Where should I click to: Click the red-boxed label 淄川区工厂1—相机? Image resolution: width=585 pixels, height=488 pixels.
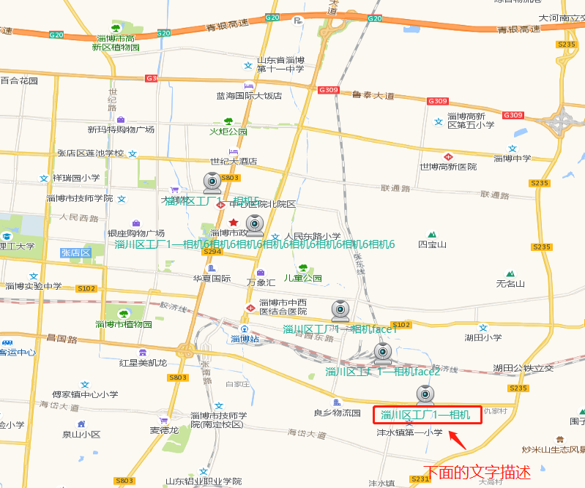point(430,416)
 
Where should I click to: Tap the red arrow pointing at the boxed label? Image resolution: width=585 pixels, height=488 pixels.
point(457,439)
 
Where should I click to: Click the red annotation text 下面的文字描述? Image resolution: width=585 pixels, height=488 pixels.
point(477,473)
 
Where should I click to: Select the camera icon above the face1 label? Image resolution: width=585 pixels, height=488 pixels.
point(340,311)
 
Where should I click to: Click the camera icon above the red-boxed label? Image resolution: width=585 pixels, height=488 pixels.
point(425,395)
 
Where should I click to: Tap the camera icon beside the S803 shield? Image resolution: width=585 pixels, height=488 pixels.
point(212,182)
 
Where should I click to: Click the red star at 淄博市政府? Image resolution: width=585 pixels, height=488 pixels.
point(234,222)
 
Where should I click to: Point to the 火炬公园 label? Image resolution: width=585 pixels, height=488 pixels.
point(228,132)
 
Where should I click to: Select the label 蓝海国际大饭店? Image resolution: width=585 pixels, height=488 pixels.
point(249,96)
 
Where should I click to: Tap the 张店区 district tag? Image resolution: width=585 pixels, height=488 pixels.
point(75,252)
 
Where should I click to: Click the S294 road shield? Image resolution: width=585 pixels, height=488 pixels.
point(212,252)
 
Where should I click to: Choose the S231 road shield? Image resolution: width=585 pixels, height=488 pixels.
point(420,479)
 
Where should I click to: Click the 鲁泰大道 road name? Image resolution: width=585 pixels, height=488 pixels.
point(373,96)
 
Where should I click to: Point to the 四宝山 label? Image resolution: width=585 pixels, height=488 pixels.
point(432,244)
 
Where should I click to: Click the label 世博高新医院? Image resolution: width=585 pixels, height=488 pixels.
point(447,167)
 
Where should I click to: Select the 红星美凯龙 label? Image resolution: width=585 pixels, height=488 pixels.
point(144,363)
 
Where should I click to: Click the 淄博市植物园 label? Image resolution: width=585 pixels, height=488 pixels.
point(123,324)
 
